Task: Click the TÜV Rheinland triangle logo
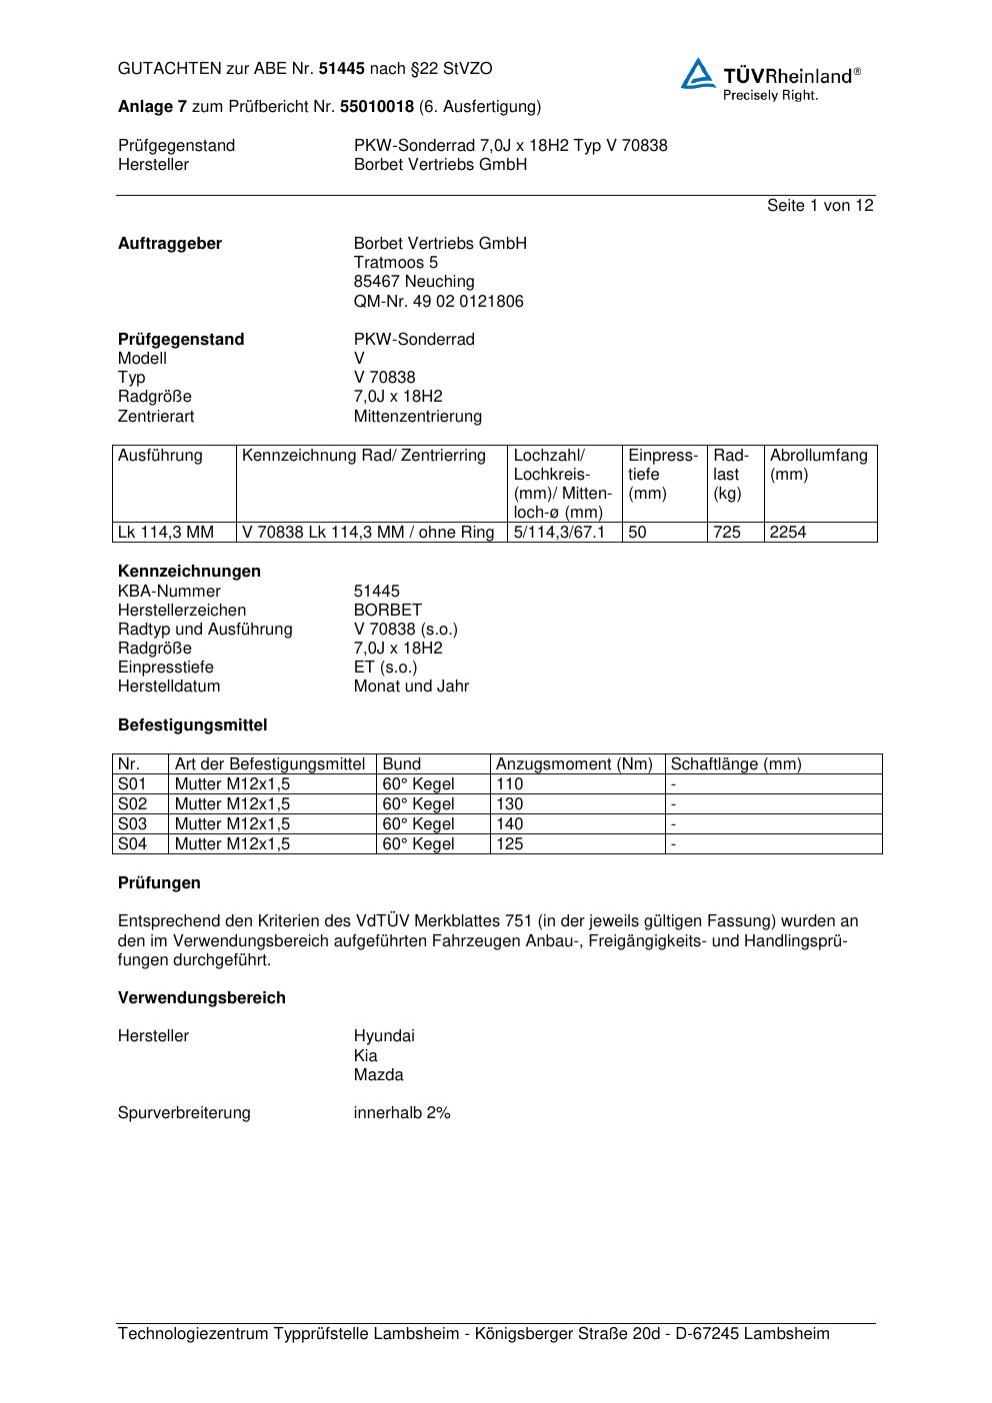(698, 74)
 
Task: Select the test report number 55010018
(377, 106)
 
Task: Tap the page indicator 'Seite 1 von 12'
(820, 205)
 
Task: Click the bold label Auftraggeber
(170, 243)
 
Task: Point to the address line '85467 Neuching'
(414, 282)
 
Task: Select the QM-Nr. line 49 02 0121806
(438, 301)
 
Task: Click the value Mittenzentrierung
(417, 416)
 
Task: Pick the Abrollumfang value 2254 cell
(788, 532)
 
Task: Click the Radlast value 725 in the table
(727, 532)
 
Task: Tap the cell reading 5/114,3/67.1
(560, 532)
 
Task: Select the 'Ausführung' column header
(160, 456)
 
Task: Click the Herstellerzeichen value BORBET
(388, 610)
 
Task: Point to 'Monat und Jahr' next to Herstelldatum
(411, 687)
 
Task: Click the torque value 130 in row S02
(510, 803)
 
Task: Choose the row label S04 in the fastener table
(132, 843)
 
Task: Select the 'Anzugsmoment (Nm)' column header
(574, 764)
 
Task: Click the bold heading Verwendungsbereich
(202, 997)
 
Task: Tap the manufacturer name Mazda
(378, 1075)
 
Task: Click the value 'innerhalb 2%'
(402, 1112)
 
